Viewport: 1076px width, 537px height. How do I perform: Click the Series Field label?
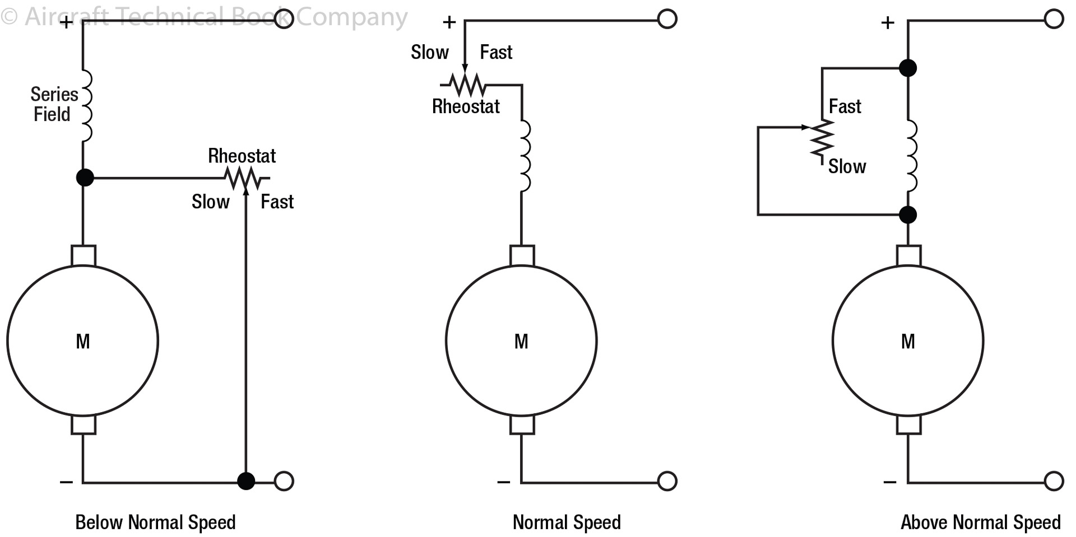(54, 104)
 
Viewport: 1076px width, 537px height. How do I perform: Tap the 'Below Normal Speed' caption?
(155, 522)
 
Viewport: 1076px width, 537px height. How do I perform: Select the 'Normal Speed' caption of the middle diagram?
(567, 522)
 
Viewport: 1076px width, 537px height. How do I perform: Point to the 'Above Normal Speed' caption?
(980, 522)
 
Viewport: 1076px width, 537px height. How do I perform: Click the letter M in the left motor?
(83, 341)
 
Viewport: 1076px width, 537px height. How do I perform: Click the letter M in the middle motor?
(521, 341)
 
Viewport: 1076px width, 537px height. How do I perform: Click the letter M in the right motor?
(908, 341)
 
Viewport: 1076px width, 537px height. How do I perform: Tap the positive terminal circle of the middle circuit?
(667, 19)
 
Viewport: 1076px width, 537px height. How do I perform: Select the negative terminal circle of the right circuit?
(1054, 481)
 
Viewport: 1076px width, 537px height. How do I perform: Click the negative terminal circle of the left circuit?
(284, 481)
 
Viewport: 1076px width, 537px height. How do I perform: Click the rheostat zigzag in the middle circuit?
(466, 85)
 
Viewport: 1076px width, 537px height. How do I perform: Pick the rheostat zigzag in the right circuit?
(822, 140)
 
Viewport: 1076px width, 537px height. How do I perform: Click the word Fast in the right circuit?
(845, 106)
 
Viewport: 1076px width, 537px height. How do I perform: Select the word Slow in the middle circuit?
(430, 53)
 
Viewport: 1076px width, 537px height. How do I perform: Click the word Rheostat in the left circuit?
(242, 156)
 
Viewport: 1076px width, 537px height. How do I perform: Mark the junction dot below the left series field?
(85, 178)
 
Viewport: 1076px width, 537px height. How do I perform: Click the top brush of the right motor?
(908, 255)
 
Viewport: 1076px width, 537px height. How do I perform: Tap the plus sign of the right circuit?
(887, 22)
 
